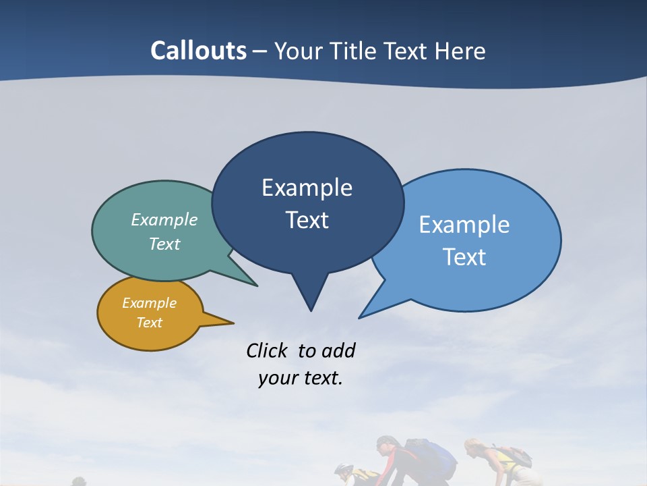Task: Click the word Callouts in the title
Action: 199,51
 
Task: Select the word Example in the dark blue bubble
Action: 307,188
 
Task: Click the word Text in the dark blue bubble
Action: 307,220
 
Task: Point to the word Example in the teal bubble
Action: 164,220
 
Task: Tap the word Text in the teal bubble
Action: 164,244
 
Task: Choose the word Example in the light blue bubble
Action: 464,225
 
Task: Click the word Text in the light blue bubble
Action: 464,257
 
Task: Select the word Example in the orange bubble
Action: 149,303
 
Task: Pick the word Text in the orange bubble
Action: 149,323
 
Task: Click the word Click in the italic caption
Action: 267,350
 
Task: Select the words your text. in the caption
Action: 300,378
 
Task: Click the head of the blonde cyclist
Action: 474,448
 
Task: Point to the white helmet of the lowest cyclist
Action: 343,468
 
